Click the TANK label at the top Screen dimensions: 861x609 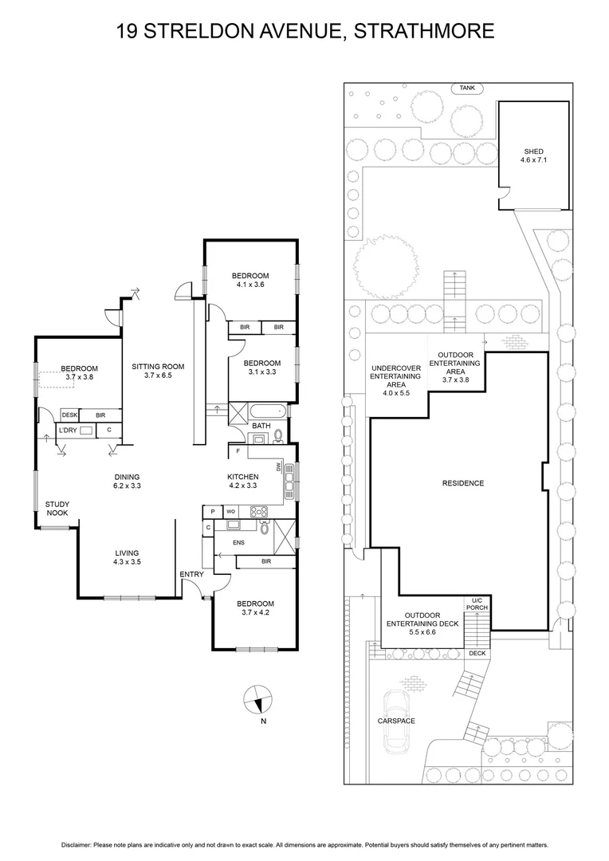pos(466,88)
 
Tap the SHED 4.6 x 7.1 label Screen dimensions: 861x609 pos(533,155)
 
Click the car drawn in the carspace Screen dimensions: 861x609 pos(396,721)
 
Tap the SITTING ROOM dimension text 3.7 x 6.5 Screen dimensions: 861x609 pos(158,375)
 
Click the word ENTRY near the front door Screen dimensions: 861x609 pos(191,574)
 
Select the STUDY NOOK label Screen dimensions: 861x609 pos(57,509)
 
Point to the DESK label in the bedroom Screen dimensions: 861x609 pos(69,415)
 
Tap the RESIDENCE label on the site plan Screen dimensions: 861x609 pos(463,483)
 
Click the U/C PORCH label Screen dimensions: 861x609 pos(477,603)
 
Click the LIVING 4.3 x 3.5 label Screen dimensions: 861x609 pos(126,557)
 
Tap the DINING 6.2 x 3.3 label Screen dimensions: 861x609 pos(128,481)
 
